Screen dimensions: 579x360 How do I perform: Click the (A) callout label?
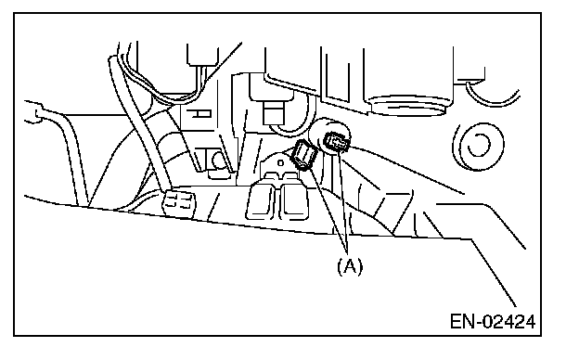(350, 266)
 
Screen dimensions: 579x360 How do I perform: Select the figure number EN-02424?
(493, 322)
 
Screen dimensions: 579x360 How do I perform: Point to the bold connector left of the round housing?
(304, 156)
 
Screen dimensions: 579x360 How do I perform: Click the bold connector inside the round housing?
(336, 143)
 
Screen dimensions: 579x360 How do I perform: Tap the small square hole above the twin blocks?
(280, 162)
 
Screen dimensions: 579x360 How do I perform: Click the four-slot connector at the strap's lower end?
(179, 202)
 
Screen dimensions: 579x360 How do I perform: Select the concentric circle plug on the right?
(479, 146)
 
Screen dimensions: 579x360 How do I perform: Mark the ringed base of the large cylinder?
(408, 106)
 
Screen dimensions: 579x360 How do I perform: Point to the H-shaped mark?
(199, 114)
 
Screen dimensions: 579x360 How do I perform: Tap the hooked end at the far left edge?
(34, 111)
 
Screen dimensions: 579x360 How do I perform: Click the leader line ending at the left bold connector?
(328, 211)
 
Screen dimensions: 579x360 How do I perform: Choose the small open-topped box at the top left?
(201, 55)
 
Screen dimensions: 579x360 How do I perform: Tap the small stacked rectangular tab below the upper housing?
(274, 113)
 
